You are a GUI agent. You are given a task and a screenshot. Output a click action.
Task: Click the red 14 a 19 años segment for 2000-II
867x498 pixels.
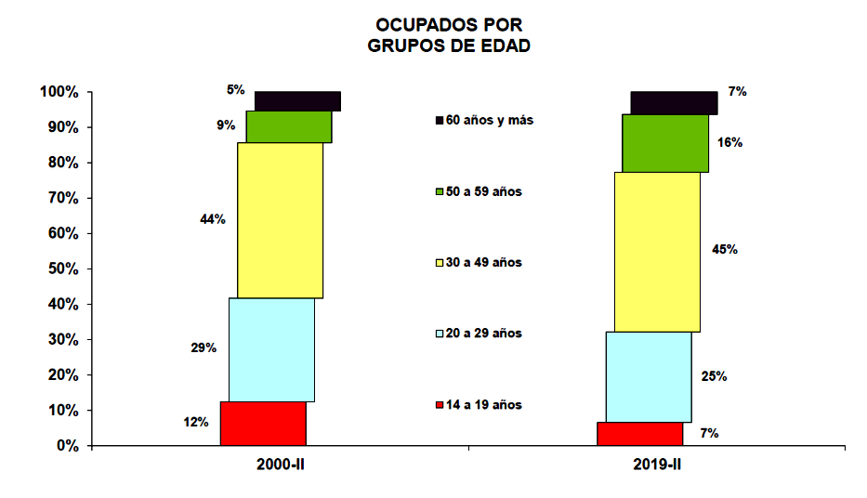click(x=263, y=424)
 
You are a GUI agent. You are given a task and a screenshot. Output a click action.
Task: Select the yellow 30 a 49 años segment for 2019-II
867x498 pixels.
click(x=657, y=252)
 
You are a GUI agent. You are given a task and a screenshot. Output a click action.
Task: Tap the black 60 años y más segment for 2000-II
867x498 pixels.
click(x=297, y=101)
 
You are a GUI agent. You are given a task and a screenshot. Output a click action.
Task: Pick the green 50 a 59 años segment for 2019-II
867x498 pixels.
click(x=665, y=143)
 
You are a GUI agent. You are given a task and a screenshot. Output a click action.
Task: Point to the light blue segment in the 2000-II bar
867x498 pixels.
click(x=271, y=349)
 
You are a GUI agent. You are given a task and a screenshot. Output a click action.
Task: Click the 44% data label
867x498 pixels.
click(x=213, y=219)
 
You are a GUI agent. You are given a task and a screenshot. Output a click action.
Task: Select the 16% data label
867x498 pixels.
click(x=729, y=143)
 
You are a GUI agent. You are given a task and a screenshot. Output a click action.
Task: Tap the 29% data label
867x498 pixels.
click(x=204, y=347)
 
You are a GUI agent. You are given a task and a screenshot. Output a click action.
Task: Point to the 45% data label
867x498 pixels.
click(x=725, y=249)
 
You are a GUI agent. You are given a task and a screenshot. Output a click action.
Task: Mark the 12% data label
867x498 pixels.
click(x=196, y=422)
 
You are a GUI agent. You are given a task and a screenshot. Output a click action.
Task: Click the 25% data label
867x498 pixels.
click(x=715, y=376)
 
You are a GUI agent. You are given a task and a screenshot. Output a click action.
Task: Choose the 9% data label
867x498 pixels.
click(x=225, y=124)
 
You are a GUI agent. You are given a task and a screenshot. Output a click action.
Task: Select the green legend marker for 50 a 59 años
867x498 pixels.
click(x=439, y=191)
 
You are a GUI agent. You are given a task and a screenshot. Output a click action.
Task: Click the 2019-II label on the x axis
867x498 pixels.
click(x=657, y=464)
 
